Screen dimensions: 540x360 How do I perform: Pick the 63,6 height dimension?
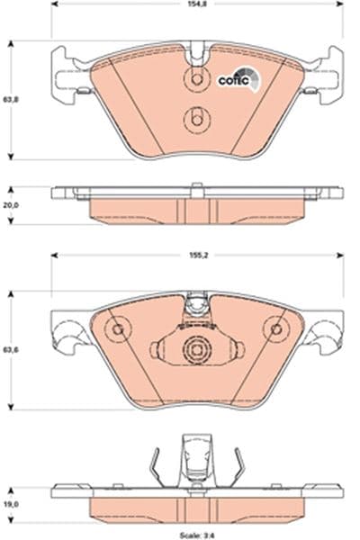pos(10,350)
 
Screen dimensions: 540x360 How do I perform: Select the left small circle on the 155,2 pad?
pos(116,329)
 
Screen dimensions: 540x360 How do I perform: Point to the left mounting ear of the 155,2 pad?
pos(65,335)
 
